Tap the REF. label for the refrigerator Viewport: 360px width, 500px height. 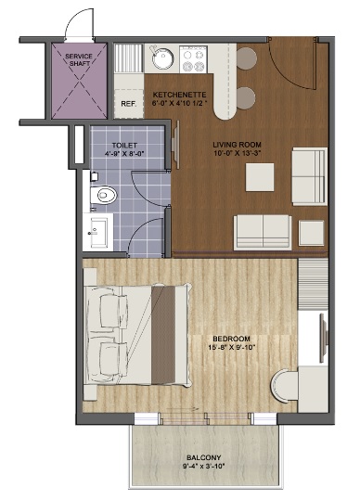(128, 103)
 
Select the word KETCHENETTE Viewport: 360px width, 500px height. (178, 94)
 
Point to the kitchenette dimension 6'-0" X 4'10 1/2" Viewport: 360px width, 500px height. (180, 103)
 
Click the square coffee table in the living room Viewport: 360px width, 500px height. (259, 176)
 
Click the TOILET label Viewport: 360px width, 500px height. (123, 146)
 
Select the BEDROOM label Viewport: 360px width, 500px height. (229, 339)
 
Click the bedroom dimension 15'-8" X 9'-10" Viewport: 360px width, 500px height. (229, 349)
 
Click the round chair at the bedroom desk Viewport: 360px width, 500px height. (284, 384)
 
